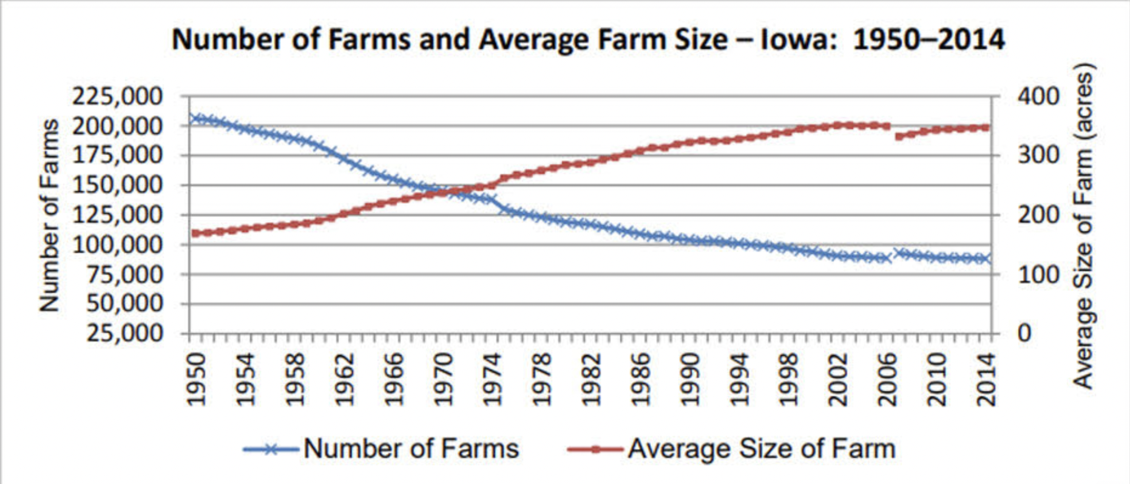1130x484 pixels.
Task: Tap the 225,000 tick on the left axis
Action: point(118,96)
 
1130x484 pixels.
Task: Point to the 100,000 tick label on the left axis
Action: point(118,244)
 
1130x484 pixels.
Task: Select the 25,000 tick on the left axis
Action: point(125,333)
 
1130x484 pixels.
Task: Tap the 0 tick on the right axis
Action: point(1024,333)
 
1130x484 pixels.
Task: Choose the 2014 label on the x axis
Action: point(987,379)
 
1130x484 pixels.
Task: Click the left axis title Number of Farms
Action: point(50,215)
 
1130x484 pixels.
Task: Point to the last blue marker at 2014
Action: point(987,259)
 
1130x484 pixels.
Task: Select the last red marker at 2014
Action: point(986,127)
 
